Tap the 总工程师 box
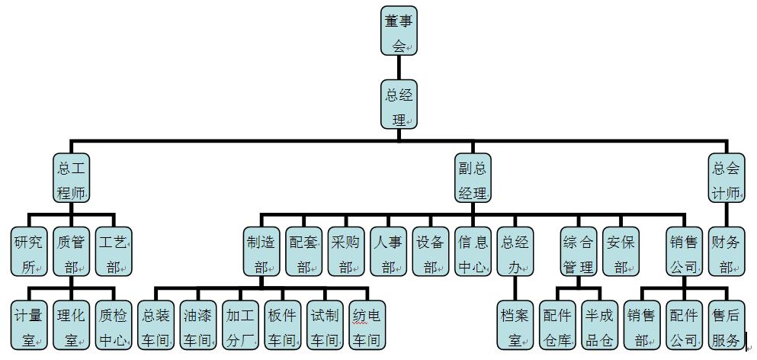pyautogui.click(x=72, y=178)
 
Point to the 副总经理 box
pyautogui.click(x=473, y=178)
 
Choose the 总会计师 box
pyautogui.click(x=726, y=178)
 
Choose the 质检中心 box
pyautogui.click(x=114, y=325)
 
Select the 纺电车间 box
pyautogui.click(x=367, y=325)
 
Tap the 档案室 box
pyautogui.click(x=515, y=325)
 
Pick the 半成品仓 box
pyautogui.click(x=599, y=325)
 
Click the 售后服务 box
pyautogui.click(x=725, y=325)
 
